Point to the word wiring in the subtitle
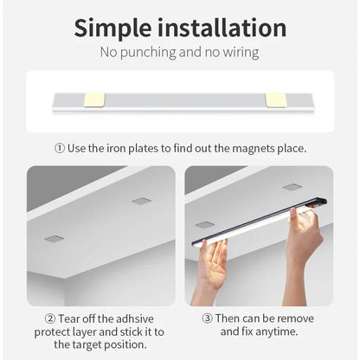pos(236,53)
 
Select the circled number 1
pos(60,148)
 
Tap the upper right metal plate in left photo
pos(141,201)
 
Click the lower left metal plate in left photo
pos(55,238)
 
